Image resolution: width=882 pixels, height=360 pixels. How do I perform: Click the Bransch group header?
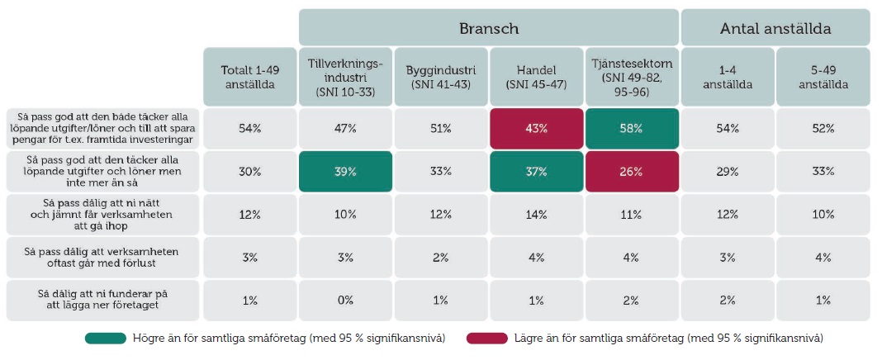(488, 27)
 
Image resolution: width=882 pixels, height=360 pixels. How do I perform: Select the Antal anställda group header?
(775, 27)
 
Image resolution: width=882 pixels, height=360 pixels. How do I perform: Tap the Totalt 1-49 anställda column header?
(249, 77)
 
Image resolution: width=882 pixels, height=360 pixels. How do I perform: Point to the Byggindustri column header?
(440, 77)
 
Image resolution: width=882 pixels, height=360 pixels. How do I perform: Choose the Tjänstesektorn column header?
(632, 77)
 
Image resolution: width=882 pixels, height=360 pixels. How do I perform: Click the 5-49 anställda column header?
(823, 77)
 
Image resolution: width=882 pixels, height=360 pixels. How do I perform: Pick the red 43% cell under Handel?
(536, 128)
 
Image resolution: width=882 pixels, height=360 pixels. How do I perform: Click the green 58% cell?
(632, 128)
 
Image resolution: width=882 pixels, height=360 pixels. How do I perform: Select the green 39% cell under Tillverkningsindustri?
(345, 172)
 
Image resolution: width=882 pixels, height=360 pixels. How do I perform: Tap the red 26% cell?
(632, 172)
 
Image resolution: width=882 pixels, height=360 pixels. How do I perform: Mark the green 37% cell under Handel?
(536, 172)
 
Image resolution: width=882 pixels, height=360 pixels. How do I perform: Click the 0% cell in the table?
(345, 301)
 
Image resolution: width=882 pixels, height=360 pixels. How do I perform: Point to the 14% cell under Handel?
(536, 215)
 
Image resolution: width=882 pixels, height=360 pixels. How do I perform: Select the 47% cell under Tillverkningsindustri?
(345, 128)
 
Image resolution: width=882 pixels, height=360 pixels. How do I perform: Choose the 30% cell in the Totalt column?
(249, 172)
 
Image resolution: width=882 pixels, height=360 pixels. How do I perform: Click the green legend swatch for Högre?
(106, 338)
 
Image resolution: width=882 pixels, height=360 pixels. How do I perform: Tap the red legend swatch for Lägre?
(487, 338)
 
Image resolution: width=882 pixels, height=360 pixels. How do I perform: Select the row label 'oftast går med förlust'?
(103, 258)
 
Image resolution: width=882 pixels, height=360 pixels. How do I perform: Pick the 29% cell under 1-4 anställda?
(728, 172)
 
